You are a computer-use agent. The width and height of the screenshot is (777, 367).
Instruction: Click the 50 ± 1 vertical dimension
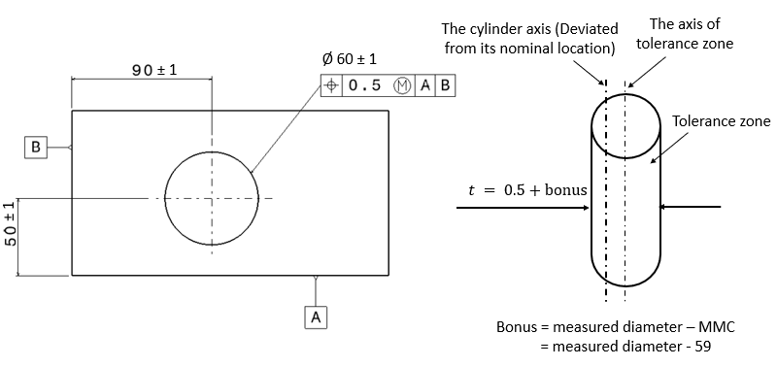(x=11, y=237)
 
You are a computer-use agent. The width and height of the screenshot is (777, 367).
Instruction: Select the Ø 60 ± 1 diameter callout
(x=350, y=60)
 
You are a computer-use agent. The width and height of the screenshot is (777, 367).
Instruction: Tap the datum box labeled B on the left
(x=36, y=148)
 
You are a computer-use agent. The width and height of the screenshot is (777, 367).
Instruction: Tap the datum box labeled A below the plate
(x=317, y=317)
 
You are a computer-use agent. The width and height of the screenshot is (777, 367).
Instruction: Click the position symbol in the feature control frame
(x=332, y=85)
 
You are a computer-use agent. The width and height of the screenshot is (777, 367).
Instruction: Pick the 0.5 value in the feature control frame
(x=364, y=85)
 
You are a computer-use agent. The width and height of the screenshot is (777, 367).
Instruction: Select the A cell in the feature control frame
(x=424, y=85)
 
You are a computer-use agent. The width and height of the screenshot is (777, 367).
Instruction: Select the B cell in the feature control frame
(x=444, y=85)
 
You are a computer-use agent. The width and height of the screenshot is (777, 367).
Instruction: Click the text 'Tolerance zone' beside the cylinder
(x=721, y=121)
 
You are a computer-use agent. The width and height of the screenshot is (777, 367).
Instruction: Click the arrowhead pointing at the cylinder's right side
(x=665, y=207)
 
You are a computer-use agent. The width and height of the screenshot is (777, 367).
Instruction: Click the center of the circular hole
(x=212, y=199)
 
